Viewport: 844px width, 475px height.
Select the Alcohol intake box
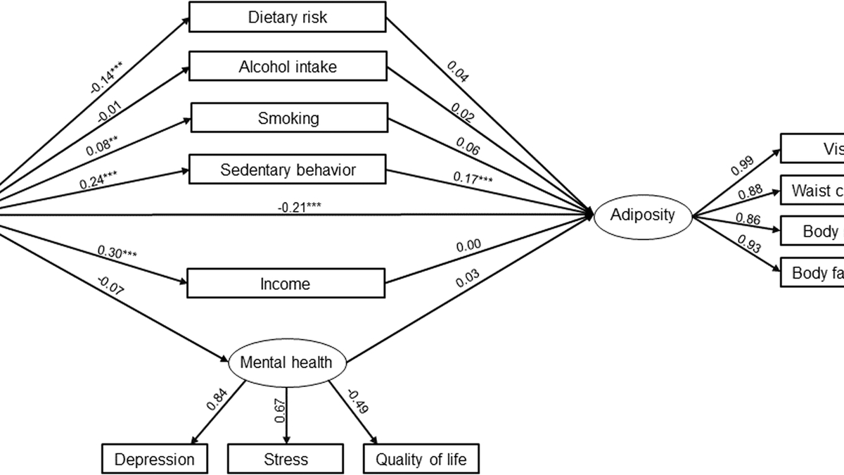287,67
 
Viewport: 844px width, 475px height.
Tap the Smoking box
288,118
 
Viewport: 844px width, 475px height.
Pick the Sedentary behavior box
288,170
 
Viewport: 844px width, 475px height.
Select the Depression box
155,460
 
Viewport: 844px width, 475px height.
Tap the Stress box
286,460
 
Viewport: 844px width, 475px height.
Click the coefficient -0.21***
300,206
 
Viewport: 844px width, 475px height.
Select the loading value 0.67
279,410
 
